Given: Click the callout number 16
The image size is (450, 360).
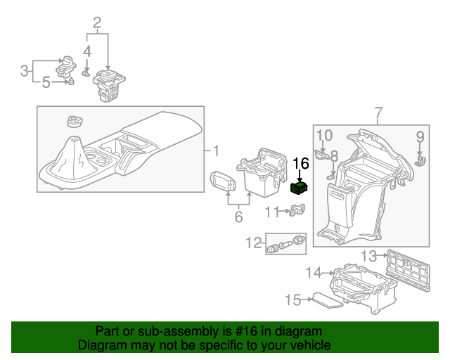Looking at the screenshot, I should tap(301, 164).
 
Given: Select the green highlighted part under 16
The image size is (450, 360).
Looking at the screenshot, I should tap(300, 187).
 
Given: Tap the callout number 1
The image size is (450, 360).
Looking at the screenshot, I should tap(216, 150).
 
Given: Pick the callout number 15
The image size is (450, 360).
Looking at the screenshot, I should tap(292, 300).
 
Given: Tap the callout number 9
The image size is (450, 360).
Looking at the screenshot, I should tap(420, 136).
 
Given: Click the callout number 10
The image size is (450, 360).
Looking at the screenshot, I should tap(323, 135).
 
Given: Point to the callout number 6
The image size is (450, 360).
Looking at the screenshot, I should tap(238, 217).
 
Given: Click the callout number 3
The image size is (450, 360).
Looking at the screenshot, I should tap(25, 70).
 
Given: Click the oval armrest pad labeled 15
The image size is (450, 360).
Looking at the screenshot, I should tap(328, 301).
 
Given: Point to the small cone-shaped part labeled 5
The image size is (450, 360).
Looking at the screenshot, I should tap(71, 82).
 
